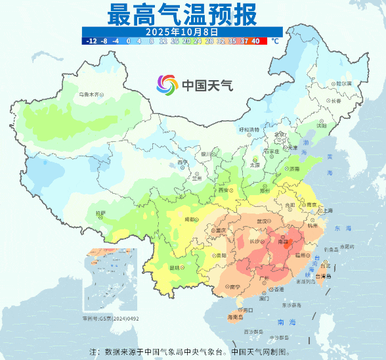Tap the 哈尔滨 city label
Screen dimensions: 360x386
pos(344,83)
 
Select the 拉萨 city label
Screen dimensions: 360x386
pos(99,213)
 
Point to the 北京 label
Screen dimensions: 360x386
pos(280,135)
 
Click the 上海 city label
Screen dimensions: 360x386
pos(324,210)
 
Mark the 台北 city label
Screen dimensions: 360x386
pos(324,265)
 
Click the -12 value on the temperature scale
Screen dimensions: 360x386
pos(91,41)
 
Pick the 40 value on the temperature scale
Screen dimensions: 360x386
pos(255,41)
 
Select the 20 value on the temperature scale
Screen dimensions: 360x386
pos(186,41)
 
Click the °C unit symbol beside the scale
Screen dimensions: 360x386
pos(275,41)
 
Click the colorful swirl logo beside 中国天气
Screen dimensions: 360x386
pos(167,85)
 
